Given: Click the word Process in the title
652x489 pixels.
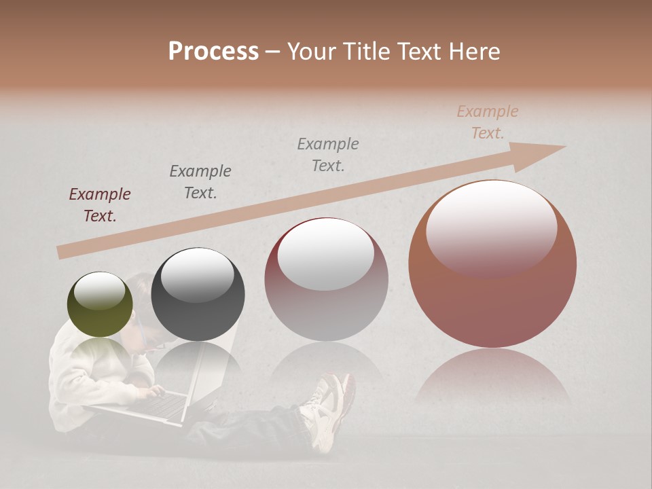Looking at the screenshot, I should coord(213,52).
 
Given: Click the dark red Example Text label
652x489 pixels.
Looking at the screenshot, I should coord(100,205).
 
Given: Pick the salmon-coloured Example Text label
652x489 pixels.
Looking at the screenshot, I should coord(488,122).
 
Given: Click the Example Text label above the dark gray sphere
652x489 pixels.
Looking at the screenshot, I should coord(200,182).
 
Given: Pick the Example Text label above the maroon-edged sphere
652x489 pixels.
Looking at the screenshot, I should coord(328,155).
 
